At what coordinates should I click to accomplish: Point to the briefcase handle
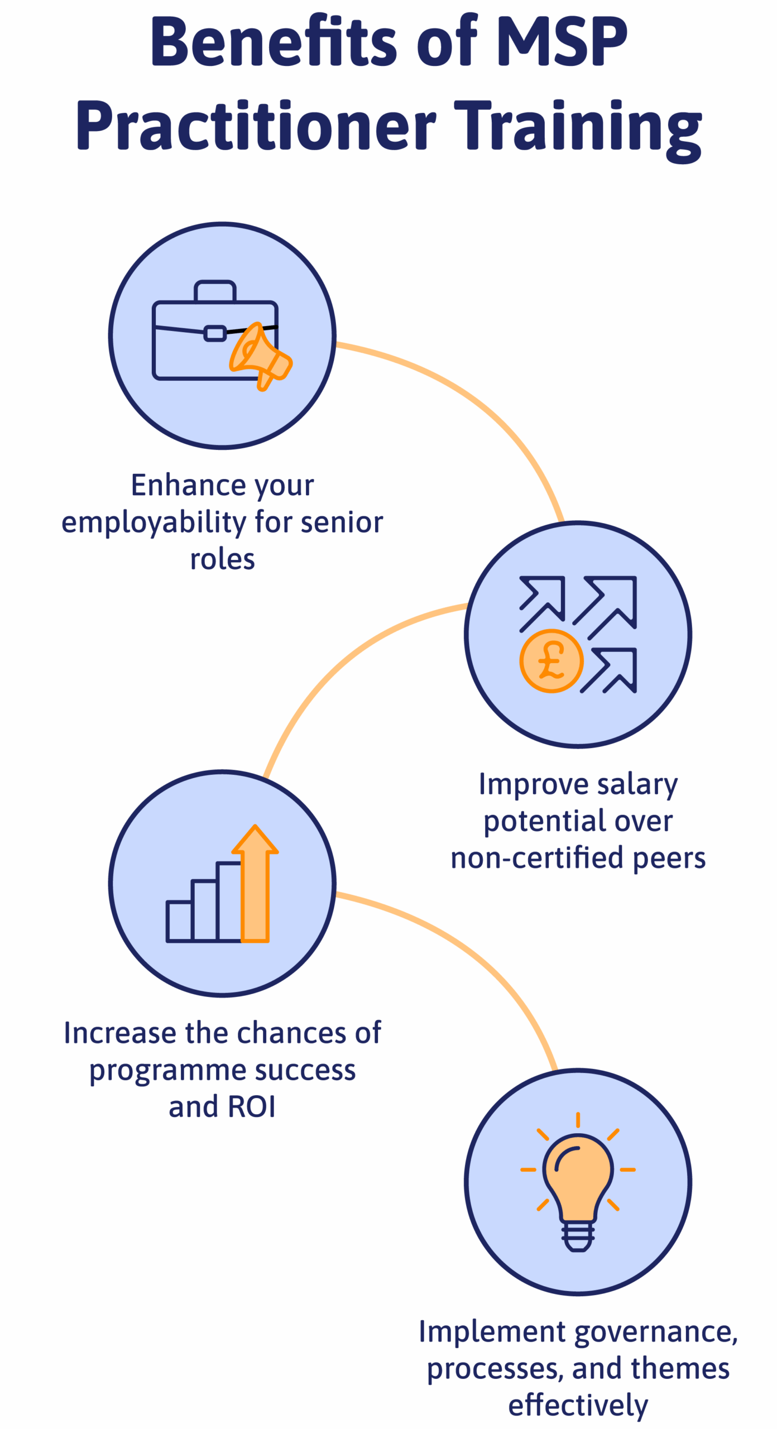tap(215, 290)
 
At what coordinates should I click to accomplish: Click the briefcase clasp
tap(215, 333)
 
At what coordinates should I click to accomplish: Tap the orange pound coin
tap(551, 661)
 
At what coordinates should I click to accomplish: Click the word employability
tap(154, 524)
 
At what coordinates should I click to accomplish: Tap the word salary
tap(637, 784)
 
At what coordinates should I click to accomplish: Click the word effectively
tap(578, 1406)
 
